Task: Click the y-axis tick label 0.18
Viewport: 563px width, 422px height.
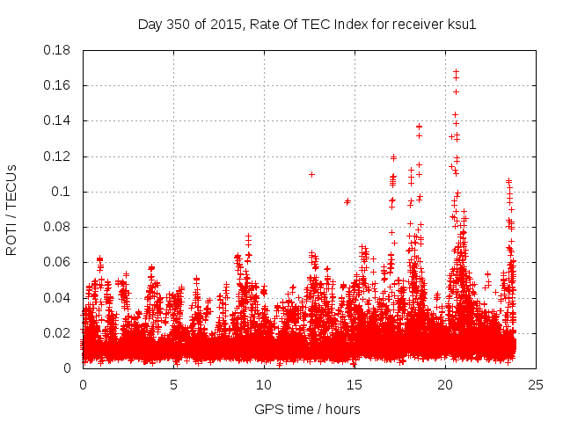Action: pos(58,50)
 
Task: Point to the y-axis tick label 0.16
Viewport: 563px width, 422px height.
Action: pos(58,85)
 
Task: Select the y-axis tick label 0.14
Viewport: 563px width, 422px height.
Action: pos(58,120)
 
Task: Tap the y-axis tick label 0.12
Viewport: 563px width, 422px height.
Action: pos(58,156)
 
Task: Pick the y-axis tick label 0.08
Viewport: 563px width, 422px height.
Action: pos(58,227)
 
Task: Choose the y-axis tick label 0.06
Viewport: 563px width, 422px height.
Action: pos(58,262)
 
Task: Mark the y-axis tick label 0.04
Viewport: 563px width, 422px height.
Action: pos(58,297)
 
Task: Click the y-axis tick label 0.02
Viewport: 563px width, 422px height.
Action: pos(58,333)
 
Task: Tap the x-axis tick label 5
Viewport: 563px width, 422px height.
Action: pos(173,384)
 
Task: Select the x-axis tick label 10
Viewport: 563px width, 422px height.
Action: pos(264,384)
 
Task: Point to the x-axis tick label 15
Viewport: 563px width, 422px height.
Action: pos(355,384)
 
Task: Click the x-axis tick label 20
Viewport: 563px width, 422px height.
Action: pos(445,384)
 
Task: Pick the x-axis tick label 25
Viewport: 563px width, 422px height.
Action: pos(536,384)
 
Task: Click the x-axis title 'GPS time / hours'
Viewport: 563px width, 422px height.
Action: pos(307,409)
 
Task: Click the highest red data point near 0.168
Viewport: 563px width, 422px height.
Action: pos(456,72)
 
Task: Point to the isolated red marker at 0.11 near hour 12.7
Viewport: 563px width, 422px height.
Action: pos(311,174)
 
